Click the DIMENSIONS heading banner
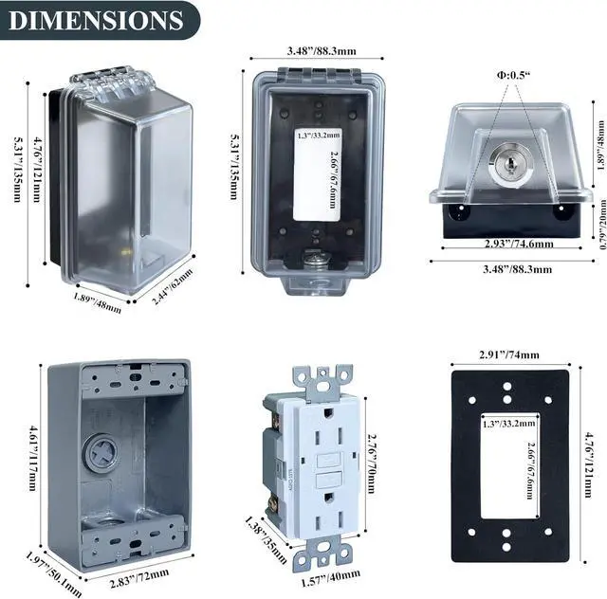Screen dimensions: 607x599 coord(99,20)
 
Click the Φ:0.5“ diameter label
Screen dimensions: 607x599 coord(513,75)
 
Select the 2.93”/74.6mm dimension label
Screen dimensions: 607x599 coord(519,244)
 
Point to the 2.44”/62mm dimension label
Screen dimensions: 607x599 coord(172,286)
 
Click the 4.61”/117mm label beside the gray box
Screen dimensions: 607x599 coord(34,458)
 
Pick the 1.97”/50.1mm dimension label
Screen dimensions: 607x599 coord(54,574)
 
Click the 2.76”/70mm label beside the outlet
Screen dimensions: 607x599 coord(371,463)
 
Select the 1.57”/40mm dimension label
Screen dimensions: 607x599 coord(331,578)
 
